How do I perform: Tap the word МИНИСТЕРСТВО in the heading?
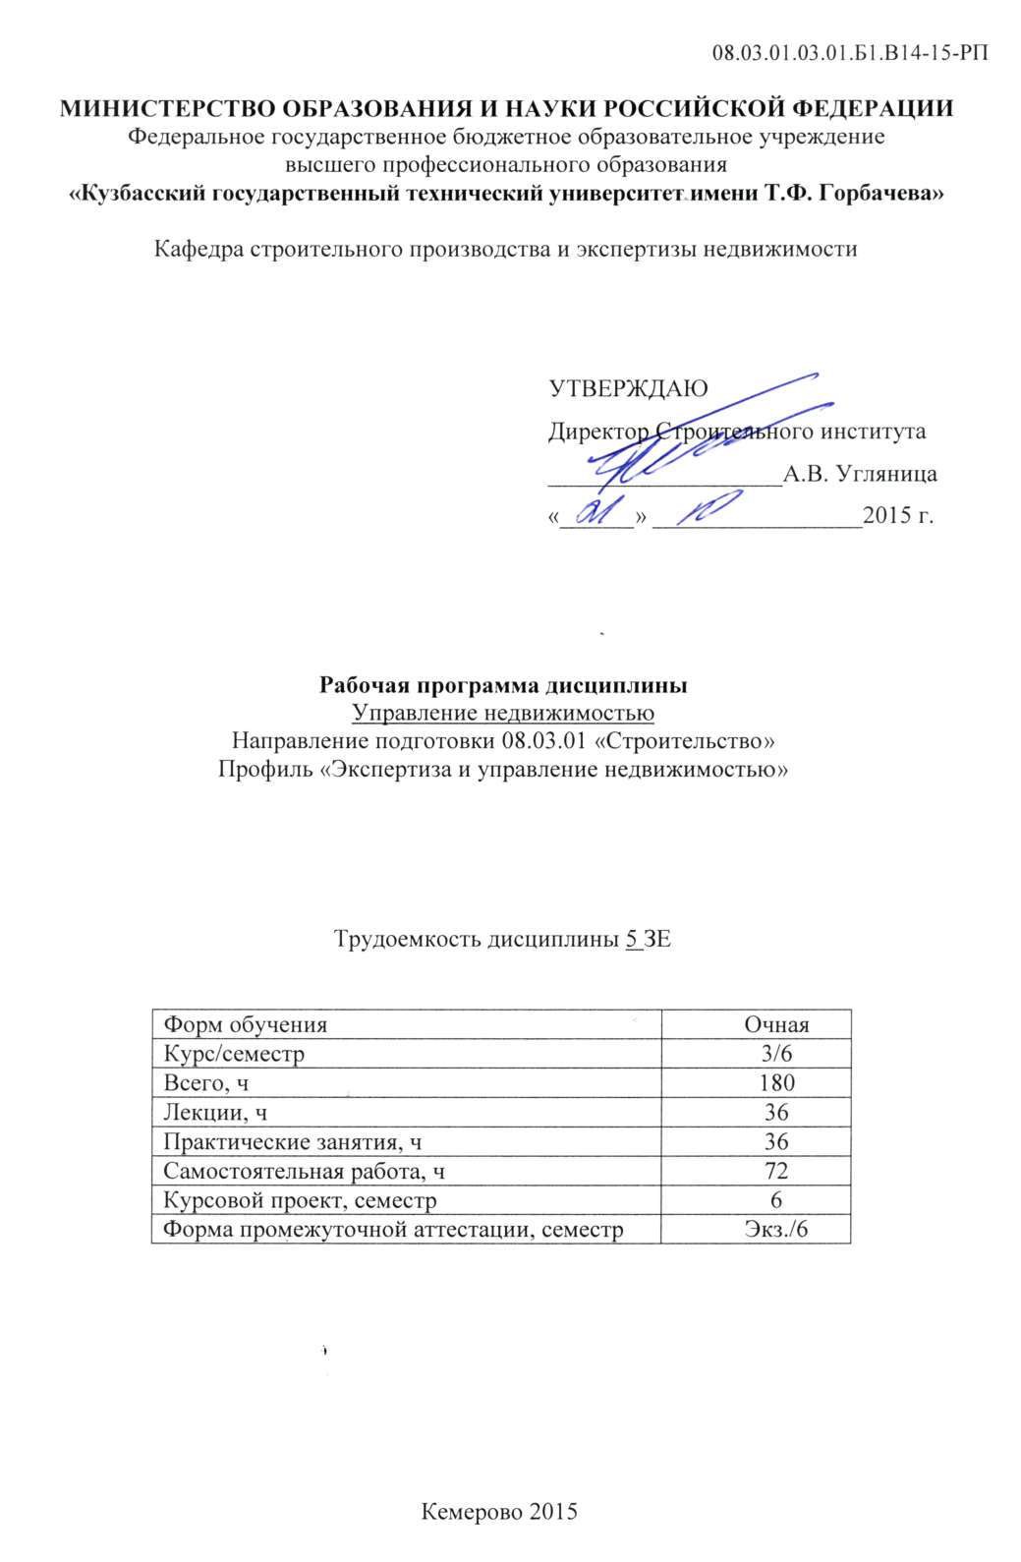166,109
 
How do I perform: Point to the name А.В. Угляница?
859,474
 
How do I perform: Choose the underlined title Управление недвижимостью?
502,713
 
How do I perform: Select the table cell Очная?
775,1024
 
